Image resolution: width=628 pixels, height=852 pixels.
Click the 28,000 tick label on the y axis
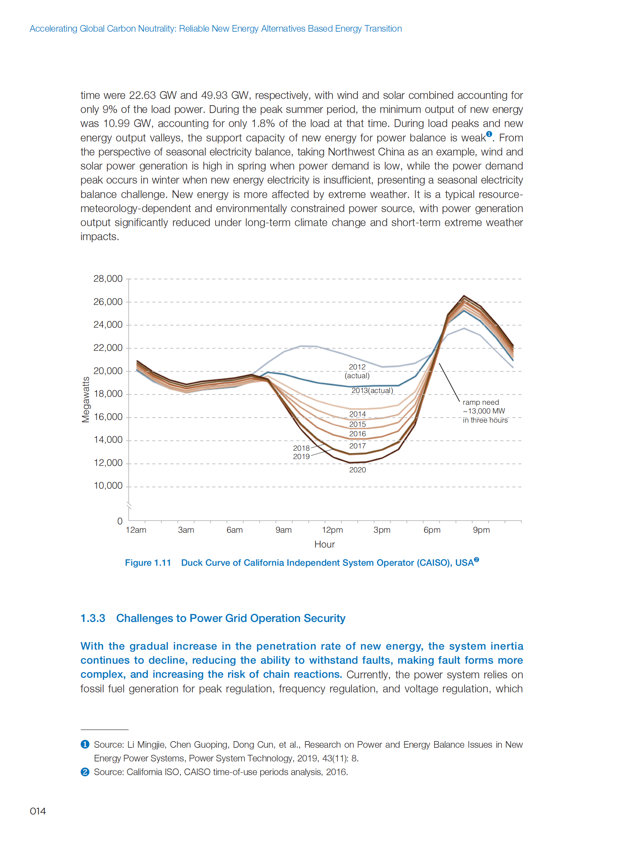108,279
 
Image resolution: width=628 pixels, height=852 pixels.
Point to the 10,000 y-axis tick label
108,486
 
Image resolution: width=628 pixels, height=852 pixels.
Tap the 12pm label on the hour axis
332,530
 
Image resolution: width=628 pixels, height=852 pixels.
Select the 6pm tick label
432,530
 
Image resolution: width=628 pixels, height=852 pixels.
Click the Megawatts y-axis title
85,399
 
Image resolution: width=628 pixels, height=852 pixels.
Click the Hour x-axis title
324,544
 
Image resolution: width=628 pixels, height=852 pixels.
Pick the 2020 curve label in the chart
357,470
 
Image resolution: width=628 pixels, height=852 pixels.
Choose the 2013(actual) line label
372,390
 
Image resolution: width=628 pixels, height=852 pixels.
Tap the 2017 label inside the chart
357,446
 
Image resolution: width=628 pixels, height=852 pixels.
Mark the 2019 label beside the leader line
301,456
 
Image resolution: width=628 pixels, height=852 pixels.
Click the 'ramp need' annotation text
481,402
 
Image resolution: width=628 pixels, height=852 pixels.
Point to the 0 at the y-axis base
120,521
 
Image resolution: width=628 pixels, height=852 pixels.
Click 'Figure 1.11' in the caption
148,563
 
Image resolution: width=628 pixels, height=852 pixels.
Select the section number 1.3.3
93,618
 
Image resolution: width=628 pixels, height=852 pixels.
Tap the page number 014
38,811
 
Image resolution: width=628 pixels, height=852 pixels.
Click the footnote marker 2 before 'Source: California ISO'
85,772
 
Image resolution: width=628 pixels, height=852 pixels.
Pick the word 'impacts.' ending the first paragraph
99,237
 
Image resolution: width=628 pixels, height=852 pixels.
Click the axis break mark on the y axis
129,505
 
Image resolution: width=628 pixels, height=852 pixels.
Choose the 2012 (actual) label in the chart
357,371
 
